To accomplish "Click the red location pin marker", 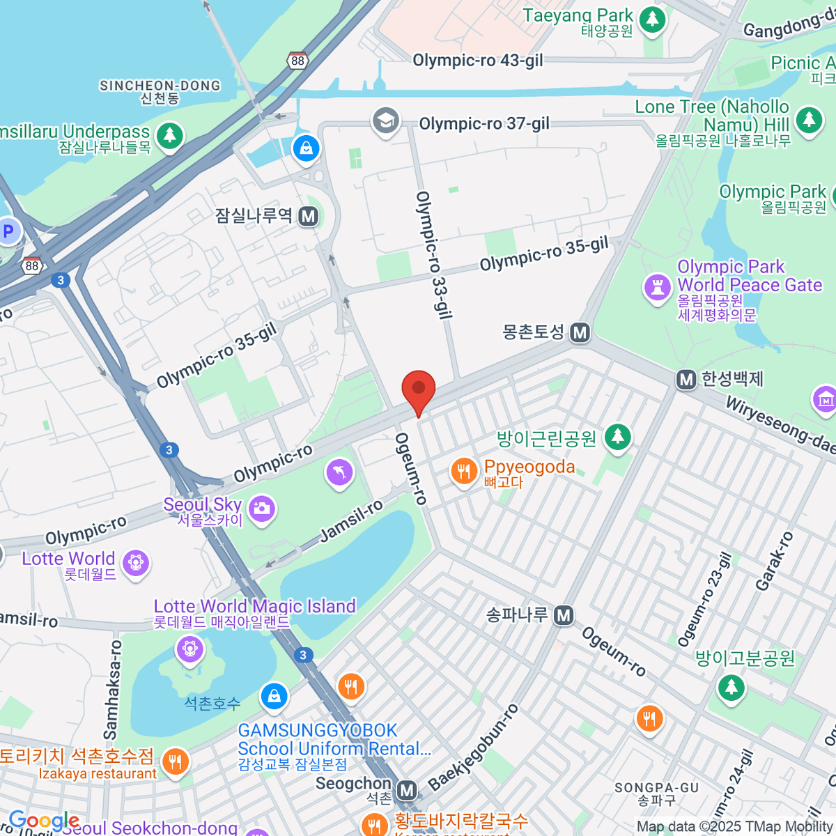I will click(x=419, y=390).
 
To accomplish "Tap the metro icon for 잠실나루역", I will click(x=309, y=216).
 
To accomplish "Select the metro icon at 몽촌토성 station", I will click(x=580, y=332).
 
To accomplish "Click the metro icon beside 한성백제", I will click(x=687, y=380).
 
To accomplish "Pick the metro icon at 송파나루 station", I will click(x=564, y=615).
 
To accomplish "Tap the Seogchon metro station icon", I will click(x=407, y=791).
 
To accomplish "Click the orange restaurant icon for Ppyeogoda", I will click(x=463, y=472).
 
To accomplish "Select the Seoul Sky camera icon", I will click(x=262, y=508).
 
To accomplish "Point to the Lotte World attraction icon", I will click(x=135, y=562).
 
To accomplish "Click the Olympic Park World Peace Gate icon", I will click(x=657, y=287).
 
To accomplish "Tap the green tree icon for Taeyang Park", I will click(x=652, y=19).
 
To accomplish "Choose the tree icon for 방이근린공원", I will click(x=617, y=437).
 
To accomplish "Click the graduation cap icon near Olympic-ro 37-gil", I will click(x=385, y=120).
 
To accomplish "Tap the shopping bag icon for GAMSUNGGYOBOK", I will click(x=274, y=695).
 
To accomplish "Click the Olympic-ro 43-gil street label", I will click(x=478, y=61).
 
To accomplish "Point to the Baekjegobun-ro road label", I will click(x=474, y=748).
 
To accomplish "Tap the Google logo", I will click(x=44, y=821).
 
